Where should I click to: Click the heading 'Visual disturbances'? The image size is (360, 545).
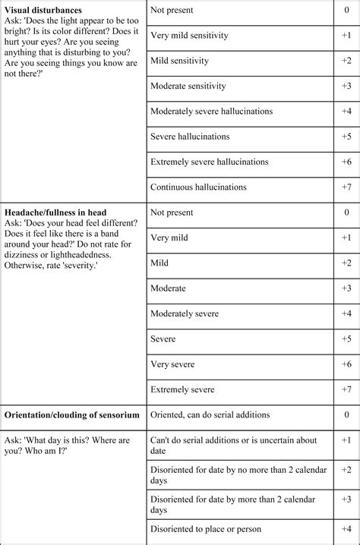(43, 10)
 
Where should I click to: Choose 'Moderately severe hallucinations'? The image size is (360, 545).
(211, 111)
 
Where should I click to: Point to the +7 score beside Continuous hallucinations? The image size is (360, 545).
(346, 187)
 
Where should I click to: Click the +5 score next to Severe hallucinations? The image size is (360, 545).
(346, 137)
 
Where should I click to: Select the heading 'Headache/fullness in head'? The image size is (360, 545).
(55, 213)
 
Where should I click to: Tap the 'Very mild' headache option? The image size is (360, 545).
(170, 238)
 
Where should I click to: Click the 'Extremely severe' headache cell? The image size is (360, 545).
(182, 389)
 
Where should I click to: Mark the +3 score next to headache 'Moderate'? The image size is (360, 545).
(346, 288)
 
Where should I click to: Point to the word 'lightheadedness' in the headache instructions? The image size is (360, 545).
(90, 256)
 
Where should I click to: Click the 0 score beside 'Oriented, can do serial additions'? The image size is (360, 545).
(346, 415)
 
